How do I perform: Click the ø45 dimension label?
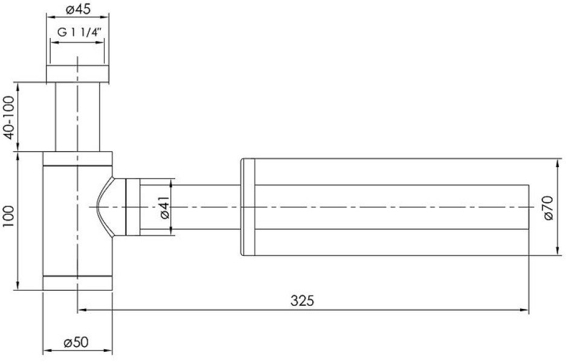(77, 9)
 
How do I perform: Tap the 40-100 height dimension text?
(10, 117)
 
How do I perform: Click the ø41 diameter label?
(164, 208)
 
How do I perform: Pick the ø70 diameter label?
(548, 208)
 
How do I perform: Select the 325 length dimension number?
(302, 300)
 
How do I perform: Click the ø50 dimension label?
(76, 342)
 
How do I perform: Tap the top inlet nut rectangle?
(77, 74)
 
